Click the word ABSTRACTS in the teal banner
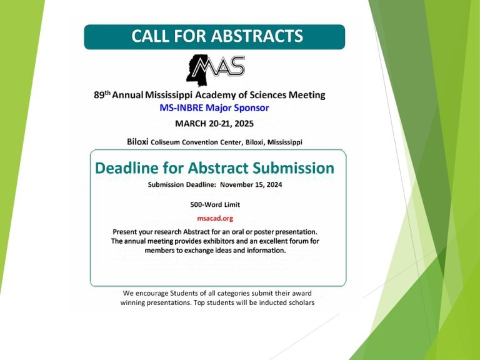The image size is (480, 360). point(257,36)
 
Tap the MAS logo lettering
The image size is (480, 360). point(220,66)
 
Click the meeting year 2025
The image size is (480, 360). point(244,124)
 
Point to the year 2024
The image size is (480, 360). point(274,184)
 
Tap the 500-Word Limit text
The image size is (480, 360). point(215,204)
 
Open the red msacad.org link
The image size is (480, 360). point(215,219)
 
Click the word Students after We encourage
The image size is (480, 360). point(184,293)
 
